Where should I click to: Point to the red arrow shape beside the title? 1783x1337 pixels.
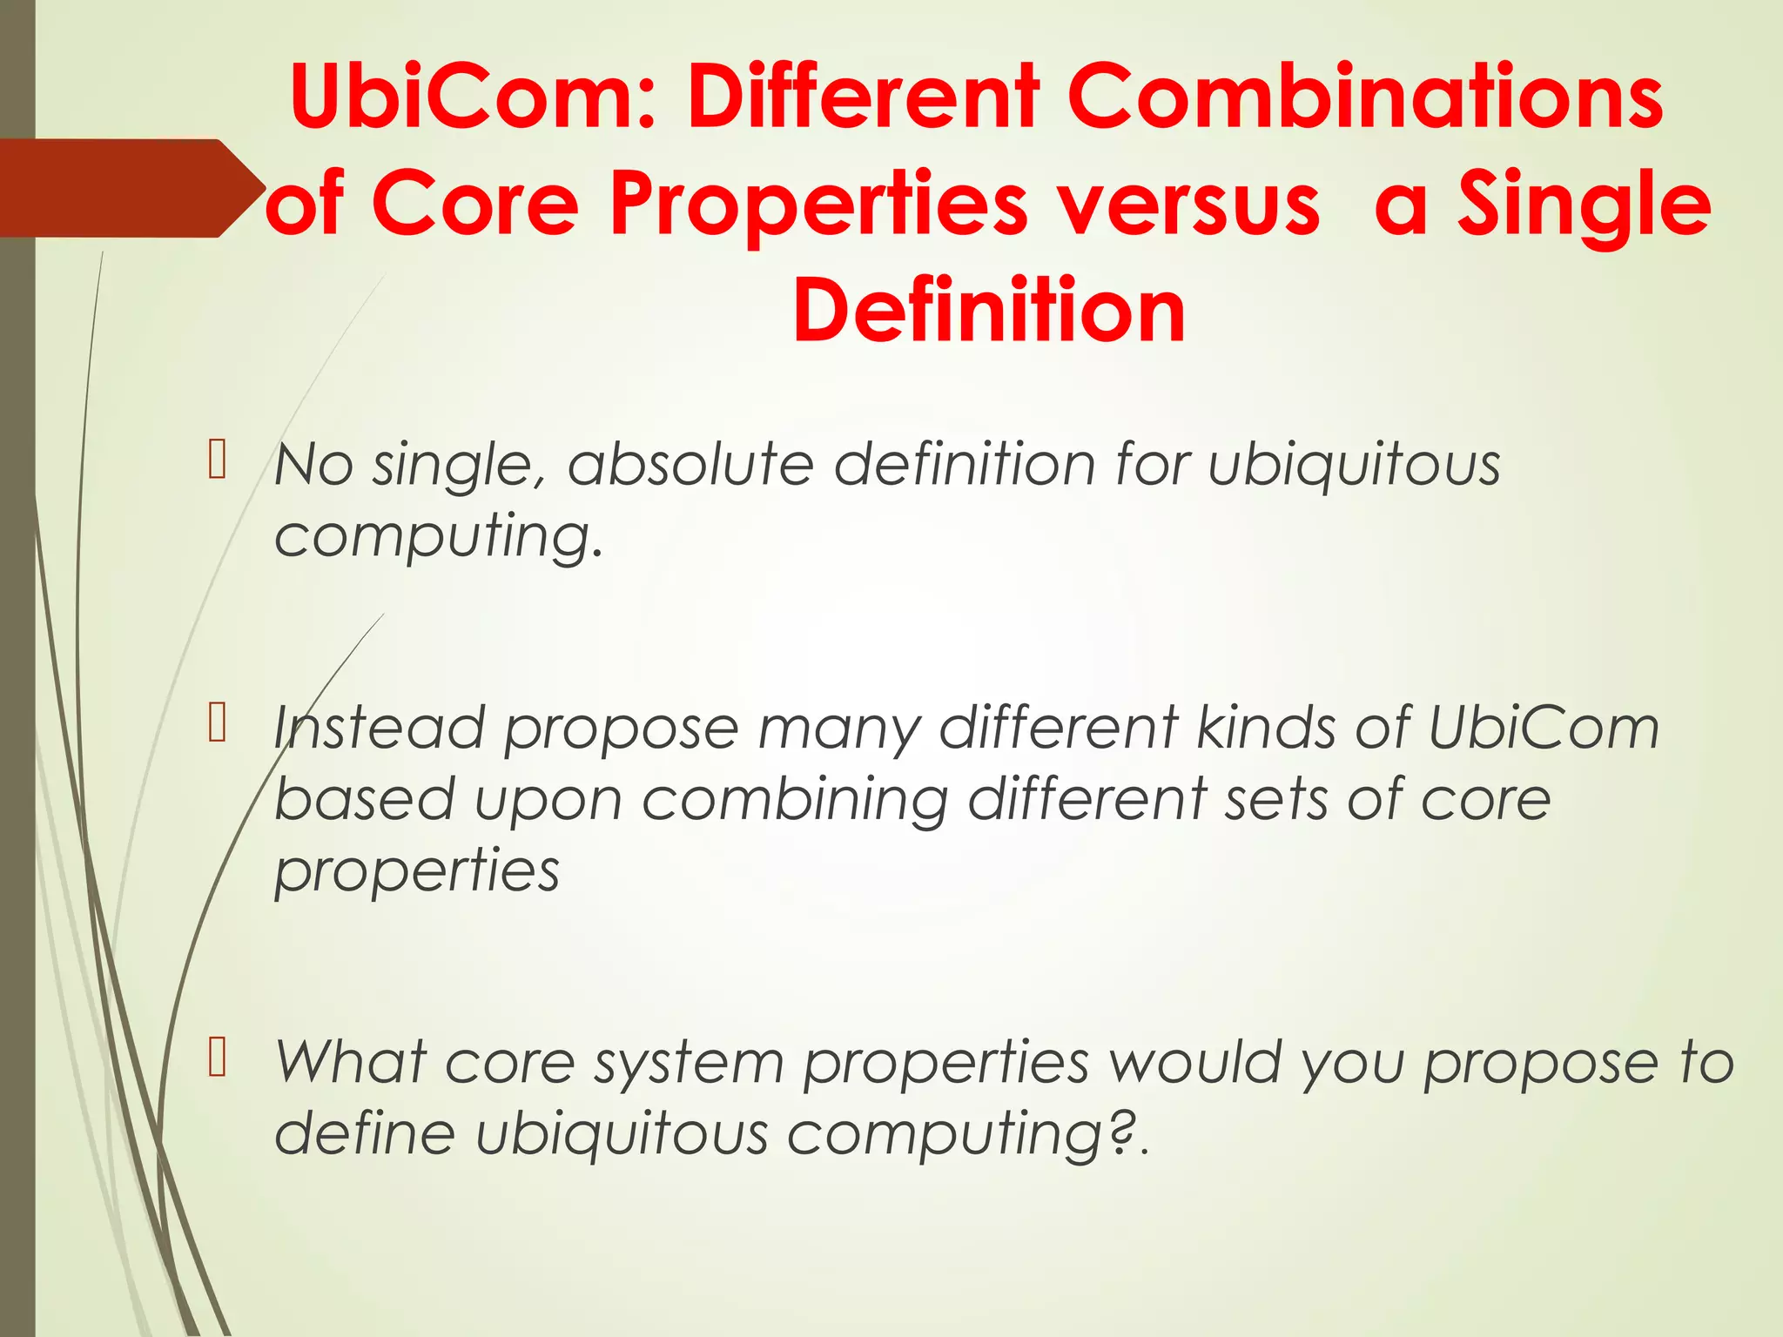pos(131,188)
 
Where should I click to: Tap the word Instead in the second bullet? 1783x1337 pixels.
pos(378,727)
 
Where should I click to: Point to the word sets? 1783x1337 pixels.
pos(1275,799)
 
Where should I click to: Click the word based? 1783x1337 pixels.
pos(364,799)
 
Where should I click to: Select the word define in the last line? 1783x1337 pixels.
pos(364,1133)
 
